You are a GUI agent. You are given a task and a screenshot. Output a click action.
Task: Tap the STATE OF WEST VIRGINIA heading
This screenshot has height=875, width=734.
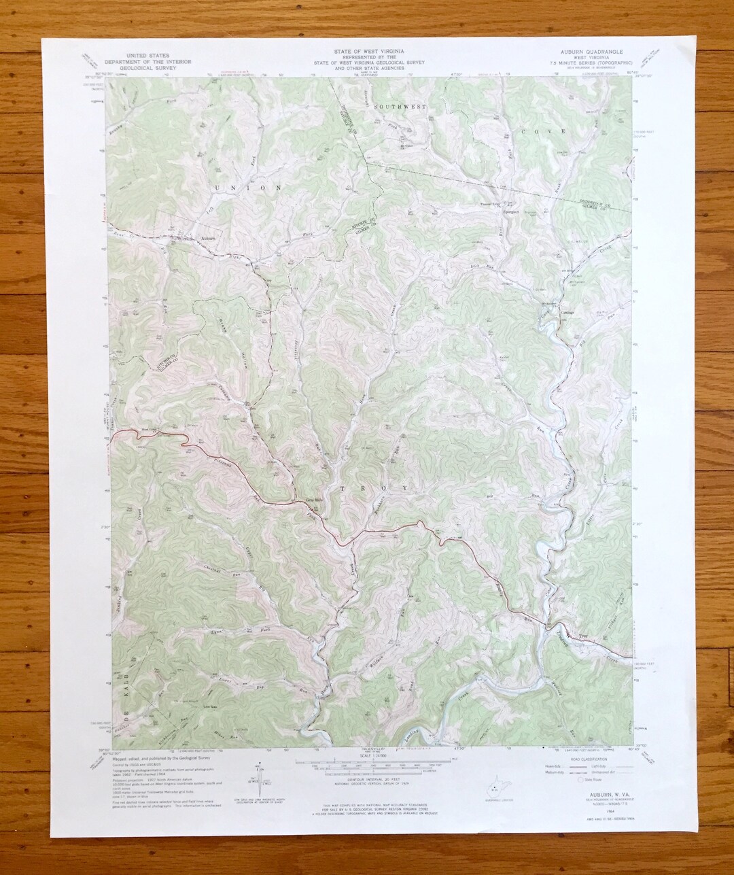pyautogui.click(x=367, y=52)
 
